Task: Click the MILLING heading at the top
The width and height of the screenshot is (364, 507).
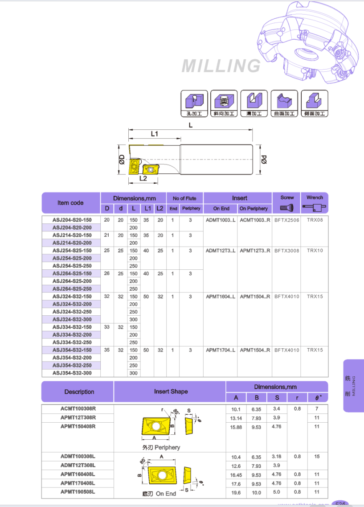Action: click(x=221, y=66)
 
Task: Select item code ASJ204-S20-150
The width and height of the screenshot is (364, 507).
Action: click(x=72, y=220)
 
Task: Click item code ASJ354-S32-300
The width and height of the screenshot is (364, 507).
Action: click(x=72, y=373)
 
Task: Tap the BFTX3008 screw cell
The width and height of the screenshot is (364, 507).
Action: click(x=287, y=251)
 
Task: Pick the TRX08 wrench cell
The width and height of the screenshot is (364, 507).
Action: click(x=315, y=220)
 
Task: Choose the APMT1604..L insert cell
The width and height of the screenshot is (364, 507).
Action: click(x=221, y=297)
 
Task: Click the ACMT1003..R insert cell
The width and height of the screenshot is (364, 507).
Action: click(x=255, y=220)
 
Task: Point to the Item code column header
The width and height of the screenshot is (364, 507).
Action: click(x=70, y=203)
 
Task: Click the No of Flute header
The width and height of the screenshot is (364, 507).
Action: click(x=184, y=198)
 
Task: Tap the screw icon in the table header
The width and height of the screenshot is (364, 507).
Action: click(x=287, y=207)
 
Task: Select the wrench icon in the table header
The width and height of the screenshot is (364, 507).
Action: click(x=315, y=207)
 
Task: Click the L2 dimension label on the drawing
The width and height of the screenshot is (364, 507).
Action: click(x=143, y=178)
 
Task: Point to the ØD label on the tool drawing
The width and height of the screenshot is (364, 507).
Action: click(x=122, y=159)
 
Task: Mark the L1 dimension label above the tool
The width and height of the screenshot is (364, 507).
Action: click(x=155, y=133)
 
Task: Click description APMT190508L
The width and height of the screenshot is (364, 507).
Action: click(x=78, y=492)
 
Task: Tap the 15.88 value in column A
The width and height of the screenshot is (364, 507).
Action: click(x=236, y=427)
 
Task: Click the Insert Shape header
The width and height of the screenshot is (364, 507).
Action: click(x=171, y=392)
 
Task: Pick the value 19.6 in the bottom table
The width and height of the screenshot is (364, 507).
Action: click(x=236, y=492)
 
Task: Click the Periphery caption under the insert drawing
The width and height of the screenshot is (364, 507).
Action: click(x=161, y=447)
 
